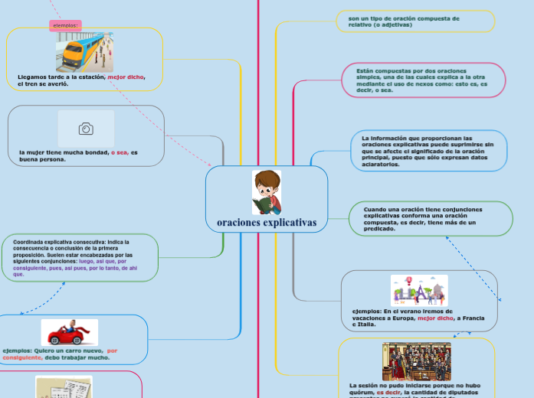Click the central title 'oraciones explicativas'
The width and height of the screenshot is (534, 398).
pos(266,223)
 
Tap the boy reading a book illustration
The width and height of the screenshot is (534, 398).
pos(267,192)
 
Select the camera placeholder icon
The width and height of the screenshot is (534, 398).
pos(86,129)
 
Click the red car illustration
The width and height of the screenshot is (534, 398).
pos(70,333)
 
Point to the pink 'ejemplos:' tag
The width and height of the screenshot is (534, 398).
pos(66,25)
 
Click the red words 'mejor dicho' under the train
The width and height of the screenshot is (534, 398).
pos(126,77)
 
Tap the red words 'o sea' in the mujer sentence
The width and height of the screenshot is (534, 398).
pos(119,152)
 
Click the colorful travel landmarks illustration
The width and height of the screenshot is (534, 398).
pos(418,291)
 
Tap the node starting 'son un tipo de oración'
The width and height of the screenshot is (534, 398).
pos(415,21)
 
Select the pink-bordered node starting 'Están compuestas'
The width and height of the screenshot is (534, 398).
pos(422,80)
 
